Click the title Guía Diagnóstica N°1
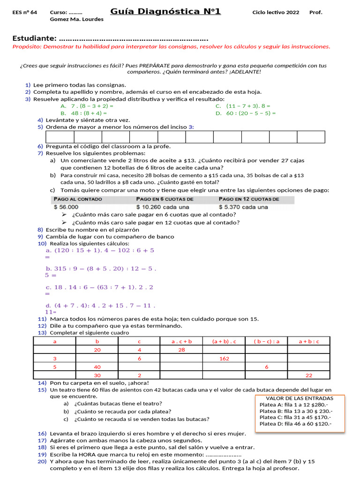(165, 11)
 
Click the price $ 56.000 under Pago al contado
(67, 207)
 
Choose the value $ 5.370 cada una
(243, 207)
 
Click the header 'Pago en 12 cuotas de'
(249, 199)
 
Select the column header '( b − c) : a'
(266, 341)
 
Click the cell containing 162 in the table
(224, 359)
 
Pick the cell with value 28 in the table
(181, 350)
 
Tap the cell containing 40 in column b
(97, 367)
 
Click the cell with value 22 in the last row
(308, 375)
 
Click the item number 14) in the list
(42, 383)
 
